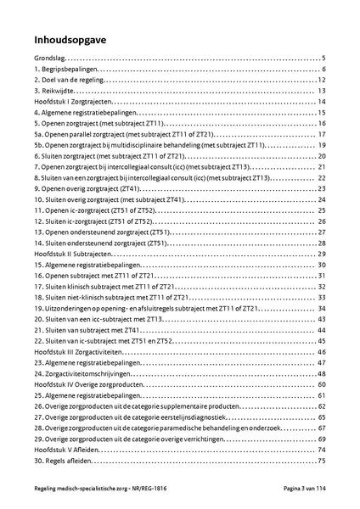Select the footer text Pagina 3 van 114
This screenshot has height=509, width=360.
point(303,492)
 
